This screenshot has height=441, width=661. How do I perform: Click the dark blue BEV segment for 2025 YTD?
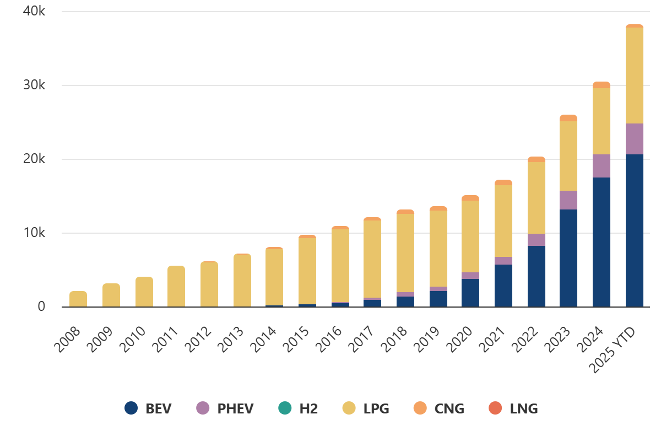(635, 230)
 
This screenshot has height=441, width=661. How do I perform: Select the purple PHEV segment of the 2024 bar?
(602, 166)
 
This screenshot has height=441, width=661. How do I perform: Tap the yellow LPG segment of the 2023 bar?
(568, 156)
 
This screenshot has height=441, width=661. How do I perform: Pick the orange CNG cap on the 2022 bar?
(537, 159)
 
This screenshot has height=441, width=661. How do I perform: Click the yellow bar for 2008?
(78, 299)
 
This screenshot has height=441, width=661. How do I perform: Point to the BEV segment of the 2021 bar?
(503, 286)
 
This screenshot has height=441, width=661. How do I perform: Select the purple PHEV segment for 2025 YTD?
(635, 139)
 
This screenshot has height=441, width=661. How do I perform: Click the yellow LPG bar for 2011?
(176, 286)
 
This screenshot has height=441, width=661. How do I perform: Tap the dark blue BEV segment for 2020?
(470, 293)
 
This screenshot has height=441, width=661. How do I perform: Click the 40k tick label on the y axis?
(34, 11)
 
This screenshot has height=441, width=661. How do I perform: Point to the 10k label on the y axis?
(34, 233)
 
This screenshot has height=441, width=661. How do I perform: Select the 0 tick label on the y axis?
(41, 306)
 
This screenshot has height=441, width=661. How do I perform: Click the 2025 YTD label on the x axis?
(611, 350)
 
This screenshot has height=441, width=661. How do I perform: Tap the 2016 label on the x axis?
(328, 340)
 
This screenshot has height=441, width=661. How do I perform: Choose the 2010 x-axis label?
(133, 340)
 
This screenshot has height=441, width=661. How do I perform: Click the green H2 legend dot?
(285, 408)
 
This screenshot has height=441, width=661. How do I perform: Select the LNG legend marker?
(495, 408)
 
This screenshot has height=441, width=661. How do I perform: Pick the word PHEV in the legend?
(235, 408)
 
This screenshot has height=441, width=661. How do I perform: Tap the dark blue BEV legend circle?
(131, 408)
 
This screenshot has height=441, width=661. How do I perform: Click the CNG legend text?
(449, 408)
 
